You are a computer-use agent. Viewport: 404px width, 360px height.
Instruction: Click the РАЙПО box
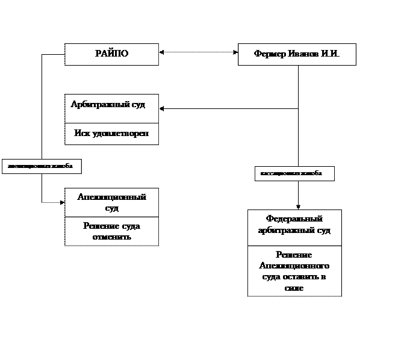tap(111, 54)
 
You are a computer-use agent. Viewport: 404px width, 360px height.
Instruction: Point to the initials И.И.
tap(330, 55)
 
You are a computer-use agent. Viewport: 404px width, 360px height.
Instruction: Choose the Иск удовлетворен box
tap(111, 134)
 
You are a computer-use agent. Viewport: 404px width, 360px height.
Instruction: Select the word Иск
tap(83, 133)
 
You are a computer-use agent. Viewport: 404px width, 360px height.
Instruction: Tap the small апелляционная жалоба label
tap(41, 166)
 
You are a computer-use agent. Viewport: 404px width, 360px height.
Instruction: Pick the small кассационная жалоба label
tap(294, 173)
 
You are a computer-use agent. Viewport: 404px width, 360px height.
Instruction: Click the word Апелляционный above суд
tap(111, 197)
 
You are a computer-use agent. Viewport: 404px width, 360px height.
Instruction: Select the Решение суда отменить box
tap(111, 232)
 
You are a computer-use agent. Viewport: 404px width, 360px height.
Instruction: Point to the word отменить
tap(111, 237)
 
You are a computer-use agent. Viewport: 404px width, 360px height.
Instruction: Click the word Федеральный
tap(294, 219)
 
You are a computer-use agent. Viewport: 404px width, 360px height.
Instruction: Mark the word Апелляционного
tap(294, 265)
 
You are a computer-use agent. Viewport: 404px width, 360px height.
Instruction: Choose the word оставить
tap(300, 276)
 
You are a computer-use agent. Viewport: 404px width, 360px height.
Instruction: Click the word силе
tap(294, 288)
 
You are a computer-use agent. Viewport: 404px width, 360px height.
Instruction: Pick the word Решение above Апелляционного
tap(294, 255)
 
